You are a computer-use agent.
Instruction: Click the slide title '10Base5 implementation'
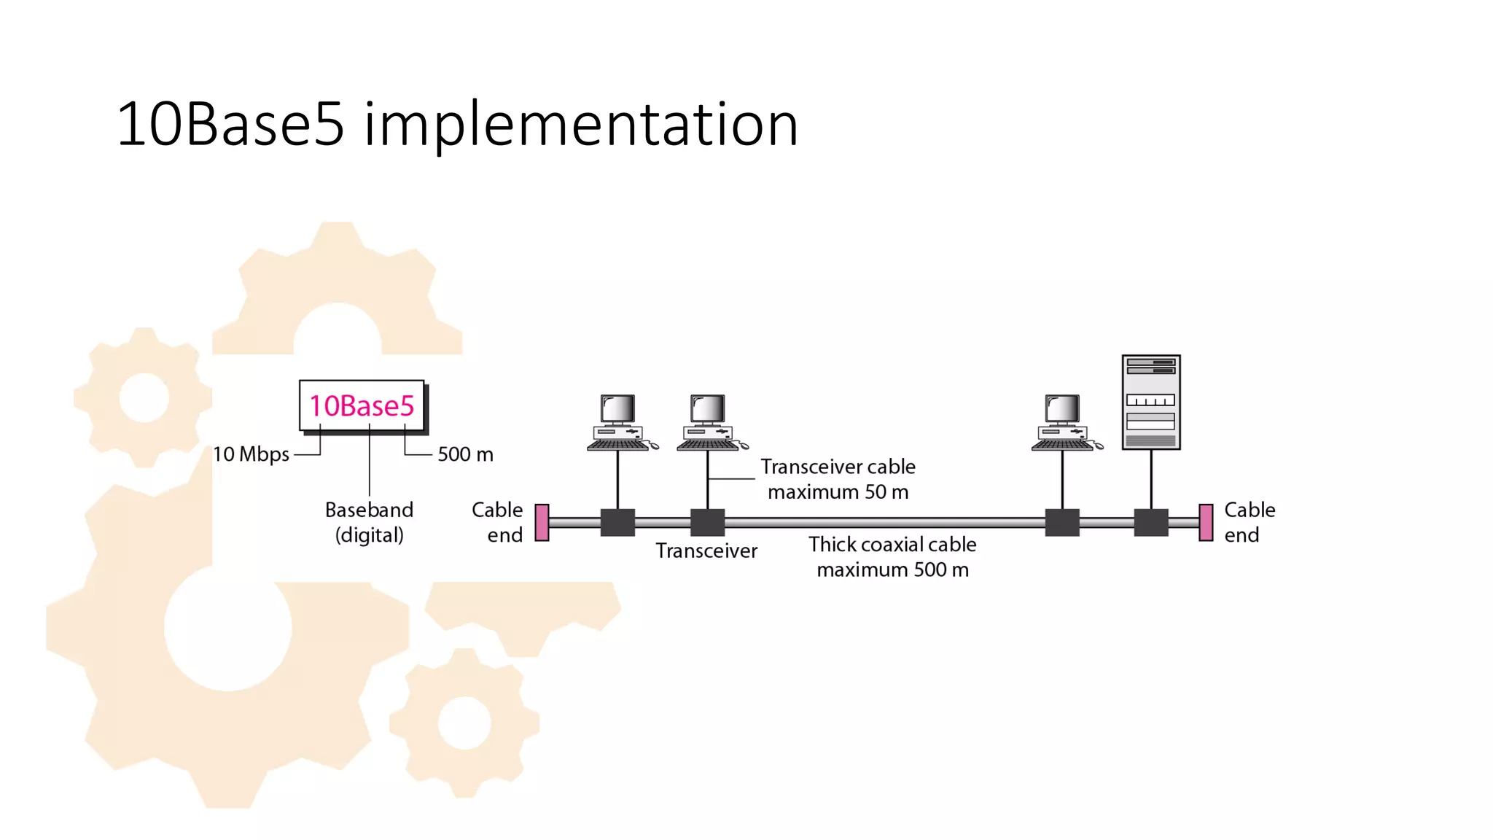click(x=457, y=124)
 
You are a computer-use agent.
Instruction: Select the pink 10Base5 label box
click(x=362, y=405)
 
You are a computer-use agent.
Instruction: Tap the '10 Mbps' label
click(x=251, y=454)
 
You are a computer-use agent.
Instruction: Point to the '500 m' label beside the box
click(x=465, y=454)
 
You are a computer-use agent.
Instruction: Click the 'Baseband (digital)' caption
click(x=369, y=522)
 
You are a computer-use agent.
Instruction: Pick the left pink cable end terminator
click(x=542, y=522)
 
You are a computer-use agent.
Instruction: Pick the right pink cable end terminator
click(x=1206, y=522)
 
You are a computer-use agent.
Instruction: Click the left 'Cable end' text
click(x=498, y=522)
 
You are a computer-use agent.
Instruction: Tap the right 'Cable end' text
click(x=1249, y=522)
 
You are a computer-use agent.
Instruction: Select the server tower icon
click(x=1150, y=402)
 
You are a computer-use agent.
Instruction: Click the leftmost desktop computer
click(x=619, y=423)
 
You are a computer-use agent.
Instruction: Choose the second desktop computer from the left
click(x=709, y=423)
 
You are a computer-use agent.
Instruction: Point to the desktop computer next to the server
click(x=1064, y=423)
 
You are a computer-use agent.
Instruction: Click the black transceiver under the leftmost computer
click(x=617, y=522)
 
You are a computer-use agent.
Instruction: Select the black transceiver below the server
click(x=1151, y=522)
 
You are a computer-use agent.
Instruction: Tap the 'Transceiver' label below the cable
click(x=706, y=551)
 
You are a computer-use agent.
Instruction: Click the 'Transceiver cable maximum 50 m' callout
click(x=838, y=479)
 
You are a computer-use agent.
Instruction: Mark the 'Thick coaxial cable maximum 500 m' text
click(x=892, y=556)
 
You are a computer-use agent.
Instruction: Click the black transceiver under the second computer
click(x=707, y=522)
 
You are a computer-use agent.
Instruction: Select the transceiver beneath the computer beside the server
click(x=1062, y=522)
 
